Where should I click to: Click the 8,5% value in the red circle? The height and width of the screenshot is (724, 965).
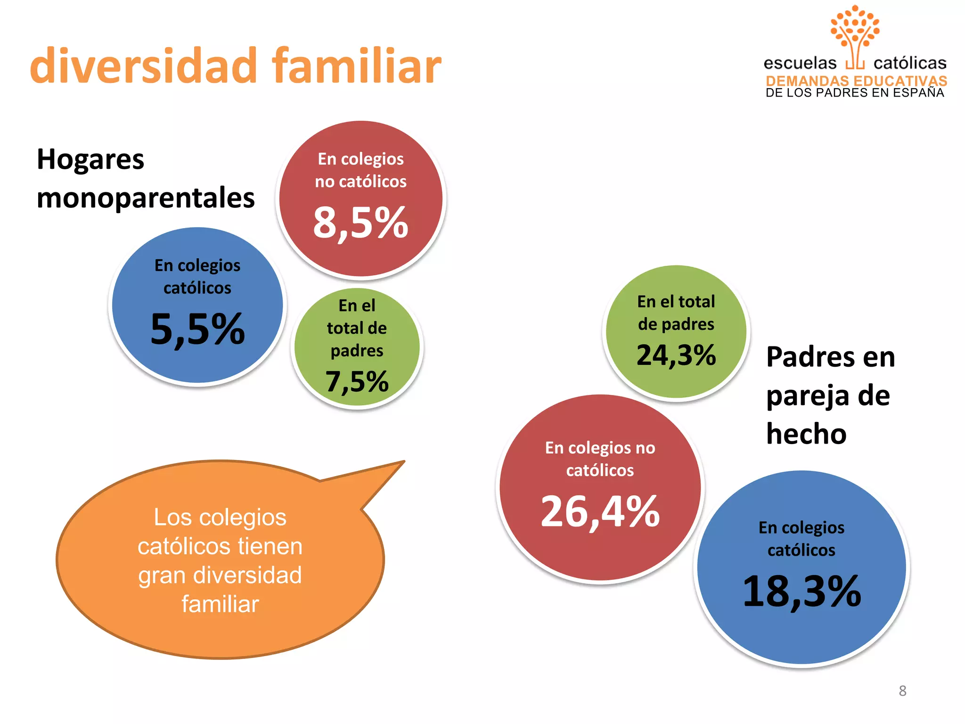(x=360, y=222)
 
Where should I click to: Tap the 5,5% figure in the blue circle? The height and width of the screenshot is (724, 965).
(x=197, y=329)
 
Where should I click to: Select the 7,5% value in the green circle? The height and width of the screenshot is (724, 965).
(x=357, y=381)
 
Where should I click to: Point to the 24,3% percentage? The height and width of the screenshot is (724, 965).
(x=676, y=355)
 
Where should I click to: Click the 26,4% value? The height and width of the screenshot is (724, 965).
(x=600, y=511)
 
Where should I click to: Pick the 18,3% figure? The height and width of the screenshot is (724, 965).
(x=801, y=591)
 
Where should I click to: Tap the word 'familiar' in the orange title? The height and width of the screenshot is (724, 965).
(x=356, y=66)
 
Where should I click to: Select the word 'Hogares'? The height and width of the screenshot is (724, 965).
(x=90, y=159)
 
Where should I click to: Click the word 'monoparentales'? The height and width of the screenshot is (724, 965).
(x=146, y=198)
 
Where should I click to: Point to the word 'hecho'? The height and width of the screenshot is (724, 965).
(x=806, y=434)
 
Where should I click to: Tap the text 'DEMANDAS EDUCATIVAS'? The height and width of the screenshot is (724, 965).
(x=856, y=81)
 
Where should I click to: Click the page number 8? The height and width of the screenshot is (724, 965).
(x=902, y=691)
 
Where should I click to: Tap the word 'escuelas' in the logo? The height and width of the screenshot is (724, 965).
(x=800, y=63)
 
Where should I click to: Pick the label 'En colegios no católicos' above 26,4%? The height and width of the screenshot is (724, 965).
(x=600, y=459)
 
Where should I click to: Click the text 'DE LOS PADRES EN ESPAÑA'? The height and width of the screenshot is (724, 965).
(x=855, y=93)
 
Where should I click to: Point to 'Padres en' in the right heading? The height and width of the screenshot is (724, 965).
(x=830, y=357)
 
